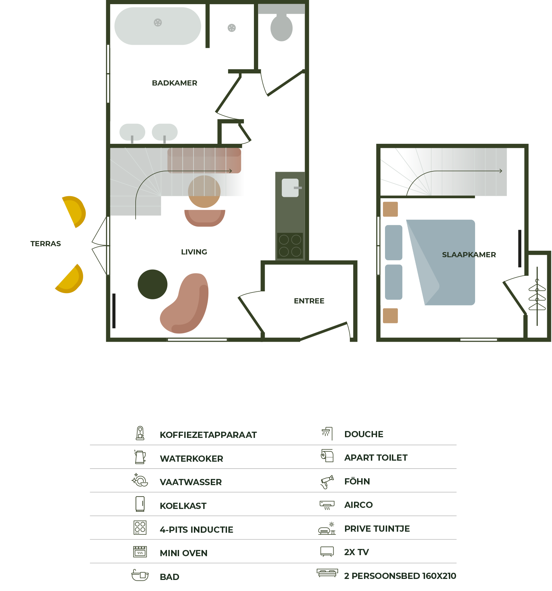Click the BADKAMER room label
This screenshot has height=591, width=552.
tap(175, 83)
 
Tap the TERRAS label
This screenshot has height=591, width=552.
tap(46, 244)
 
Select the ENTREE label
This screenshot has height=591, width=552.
tap(309, 301)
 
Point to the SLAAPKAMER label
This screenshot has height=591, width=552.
tap(469, 255)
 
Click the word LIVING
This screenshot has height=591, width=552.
tap(194, 252)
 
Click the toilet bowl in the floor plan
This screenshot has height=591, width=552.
tap(282, 28)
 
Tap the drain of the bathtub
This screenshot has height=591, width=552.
tap(158, 22)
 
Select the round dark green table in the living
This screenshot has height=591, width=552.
tap(152, 284)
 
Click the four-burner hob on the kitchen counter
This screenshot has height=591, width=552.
tap(290, 246)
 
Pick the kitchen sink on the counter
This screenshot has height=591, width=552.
tap(290, 188)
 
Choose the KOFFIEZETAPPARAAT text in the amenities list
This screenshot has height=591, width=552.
tap(208, 435)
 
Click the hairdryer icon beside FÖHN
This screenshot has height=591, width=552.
tap(327, 482)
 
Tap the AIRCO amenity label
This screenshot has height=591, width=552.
tap(358, 505)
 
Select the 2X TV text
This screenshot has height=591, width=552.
tap(356, 552)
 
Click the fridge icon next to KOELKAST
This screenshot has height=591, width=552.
tap(140, 504)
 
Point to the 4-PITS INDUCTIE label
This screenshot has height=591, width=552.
tap(197, 530)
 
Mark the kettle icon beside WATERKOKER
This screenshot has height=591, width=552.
tap(140, 457)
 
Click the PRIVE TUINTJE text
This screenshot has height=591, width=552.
tap(377, 529)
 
